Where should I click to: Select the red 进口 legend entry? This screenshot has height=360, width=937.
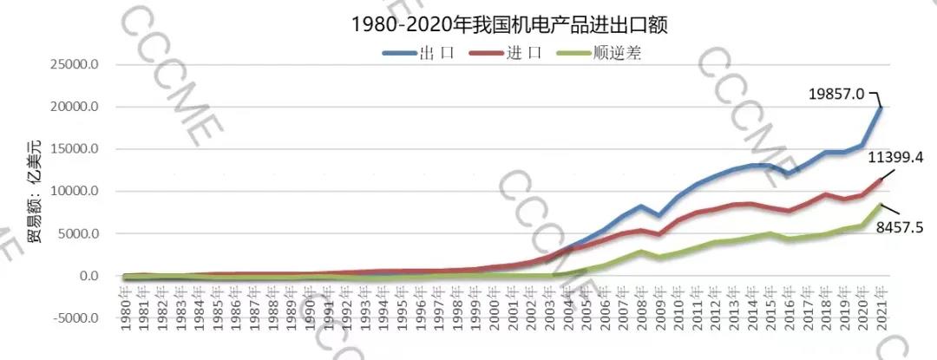click(507, 53)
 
